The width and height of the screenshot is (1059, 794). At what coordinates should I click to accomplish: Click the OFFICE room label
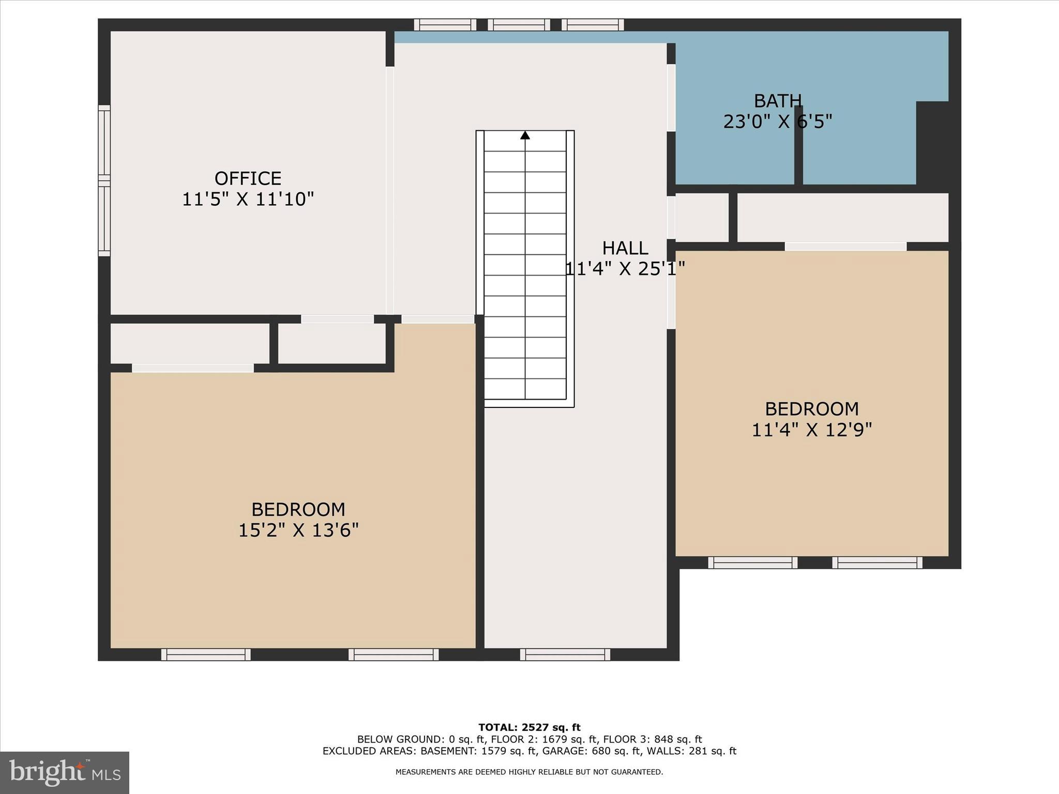click(x=248, y=178)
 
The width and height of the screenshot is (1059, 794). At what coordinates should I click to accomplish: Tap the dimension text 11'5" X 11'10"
click(x=248, y=199)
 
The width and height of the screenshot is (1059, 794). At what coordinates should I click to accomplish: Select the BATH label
click(x=777, y=101)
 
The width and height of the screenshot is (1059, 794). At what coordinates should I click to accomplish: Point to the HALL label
click(x=625, y=248)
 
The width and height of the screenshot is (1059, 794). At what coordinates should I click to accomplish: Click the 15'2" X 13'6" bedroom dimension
click(x=298, y=530)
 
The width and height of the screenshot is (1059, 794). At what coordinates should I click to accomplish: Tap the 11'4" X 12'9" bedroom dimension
click(x=811, y=430)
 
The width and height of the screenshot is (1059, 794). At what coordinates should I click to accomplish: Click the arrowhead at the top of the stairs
click(x=525, y=135)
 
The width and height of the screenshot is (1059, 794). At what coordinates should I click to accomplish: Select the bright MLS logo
click(x=65, y=773)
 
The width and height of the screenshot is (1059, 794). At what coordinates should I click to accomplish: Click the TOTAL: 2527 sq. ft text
click(x=529, y=727)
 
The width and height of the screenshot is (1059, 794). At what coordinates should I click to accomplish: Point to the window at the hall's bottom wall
click(x=565, y=654)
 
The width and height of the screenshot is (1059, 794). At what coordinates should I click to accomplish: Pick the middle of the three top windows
click(x=519, y=25)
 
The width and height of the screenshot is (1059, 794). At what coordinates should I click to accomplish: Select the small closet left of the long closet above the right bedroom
click(x=702, y=217)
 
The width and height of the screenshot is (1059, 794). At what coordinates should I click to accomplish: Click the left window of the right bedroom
click(x=752, y=562)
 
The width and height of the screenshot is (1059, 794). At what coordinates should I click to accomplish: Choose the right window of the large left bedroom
click(x=393, y=654)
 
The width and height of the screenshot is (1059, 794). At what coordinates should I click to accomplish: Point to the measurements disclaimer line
click(x=529, y=772)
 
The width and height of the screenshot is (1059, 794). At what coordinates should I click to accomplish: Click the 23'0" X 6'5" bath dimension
click(x=777, y=122)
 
